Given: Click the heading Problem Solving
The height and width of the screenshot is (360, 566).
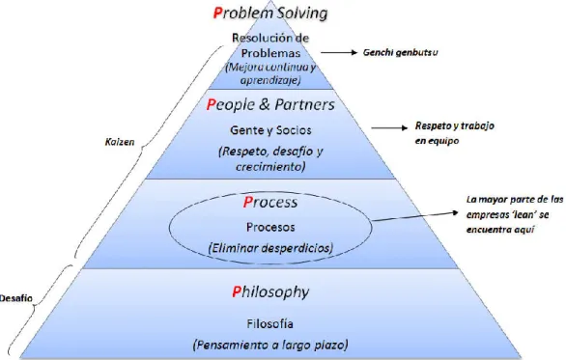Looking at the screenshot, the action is point(270,13).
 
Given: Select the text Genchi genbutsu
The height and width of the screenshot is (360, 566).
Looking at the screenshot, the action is point(400,53).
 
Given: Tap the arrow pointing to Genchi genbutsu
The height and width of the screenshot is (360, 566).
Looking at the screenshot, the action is point(339,53).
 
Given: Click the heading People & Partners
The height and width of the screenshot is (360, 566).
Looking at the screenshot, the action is point(270,104).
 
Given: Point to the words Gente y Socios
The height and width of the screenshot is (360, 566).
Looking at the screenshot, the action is point(270,130).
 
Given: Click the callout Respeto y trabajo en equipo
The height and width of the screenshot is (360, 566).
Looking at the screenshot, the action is point(455,133).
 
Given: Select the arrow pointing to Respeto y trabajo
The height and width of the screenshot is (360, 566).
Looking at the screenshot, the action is point(389,127).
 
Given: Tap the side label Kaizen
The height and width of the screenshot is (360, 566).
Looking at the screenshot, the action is point(120,142).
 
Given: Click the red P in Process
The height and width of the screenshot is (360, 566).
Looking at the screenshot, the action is point(247,202).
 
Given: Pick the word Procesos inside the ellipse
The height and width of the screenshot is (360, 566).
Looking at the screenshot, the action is point(270,227).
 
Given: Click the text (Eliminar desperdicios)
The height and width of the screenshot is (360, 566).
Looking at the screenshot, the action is point(270,248).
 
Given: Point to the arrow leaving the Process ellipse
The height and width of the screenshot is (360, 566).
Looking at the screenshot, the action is point(415,216).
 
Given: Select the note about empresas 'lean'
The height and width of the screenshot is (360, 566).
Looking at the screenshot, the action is point(515,214).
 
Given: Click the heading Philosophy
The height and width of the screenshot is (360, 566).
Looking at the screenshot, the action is point(270,292).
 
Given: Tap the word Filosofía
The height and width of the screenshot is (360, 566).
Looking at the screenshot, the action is point(270,323).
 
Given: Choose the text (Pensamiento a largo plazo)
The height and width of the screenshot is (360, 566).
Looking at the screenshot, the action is point(270,345).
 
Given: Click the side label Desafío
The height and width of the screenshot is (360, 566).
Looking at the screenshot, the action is point(15,298).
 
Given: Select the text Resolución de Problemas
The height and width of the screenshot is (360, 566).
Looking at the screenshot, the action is point(270,45).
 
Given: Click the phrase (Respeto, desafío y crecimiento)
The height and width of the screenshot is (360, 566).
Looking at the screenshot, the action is point(270,158).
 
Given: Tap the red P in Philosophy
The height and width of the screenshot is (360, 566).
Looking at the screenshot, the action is point(237,291).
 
